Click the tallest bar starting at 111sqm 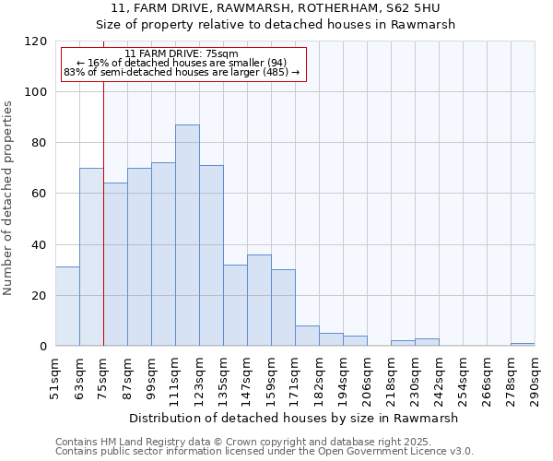187,235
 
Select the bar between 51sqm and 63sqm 67,306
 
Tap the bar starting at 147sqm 259,301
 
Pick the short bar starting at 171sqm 307,337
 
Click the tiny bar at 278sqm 523,344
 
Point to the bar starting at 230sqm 427,342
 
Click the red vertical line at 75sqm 103,212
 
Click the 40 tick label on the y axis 40,245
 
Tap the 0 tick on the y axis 43,347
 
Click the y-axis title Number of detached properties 9,198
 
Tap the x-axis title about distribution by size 293,418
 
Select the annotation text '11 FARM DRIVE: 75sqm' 182,53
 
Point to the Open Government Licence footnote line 265,451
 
